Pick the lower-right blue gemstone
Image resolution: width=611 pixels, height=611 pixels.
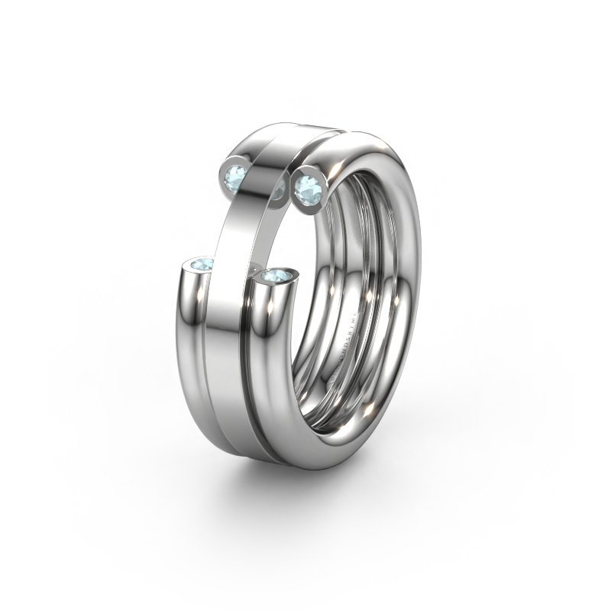pyautogui.click(x=276, y=275)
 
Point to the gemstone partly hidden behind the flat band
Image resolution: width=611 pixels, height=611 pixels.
pyautogui.click(x=277, y=190)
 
